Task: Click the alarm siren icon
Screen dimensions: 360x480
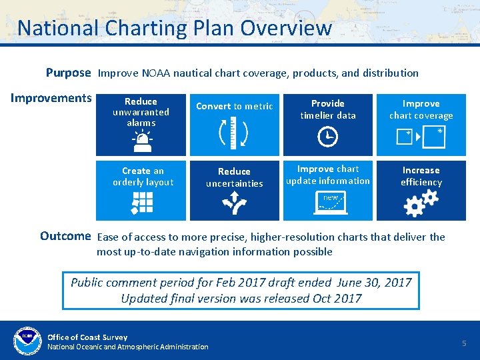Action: coord(141,140)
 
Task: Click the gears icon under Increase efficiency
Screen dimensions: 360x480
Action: coord(421,203)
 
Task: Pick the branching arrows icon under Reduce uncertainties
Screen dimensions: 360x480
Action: coord(235,203)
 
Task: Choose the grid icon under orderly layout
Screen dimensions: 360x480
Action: coord(143,203)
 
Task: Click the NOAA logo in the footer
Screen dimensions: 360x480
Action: coord(27,340)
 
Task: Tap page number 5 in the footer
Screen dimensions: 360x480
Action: coord(465,343)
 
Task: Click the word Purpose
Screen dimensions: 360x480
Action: coord(67,73)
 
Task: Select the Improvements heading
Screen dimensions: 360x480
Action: coord(51,99)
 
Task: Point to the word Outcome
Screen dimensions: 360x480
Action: coord(65,236)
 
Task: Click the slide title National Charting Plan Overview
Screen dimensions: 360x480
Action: coord(174,28)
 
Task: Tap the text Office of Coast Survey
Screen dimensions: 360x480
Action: coord(87,337)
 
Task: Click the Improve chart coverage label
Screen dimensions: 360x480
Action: coord(421,109)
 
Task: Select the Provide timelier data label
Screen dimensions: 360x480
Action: coord(328,109)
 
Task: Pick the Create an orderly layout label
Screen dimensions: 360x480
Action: coord(143,177)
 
